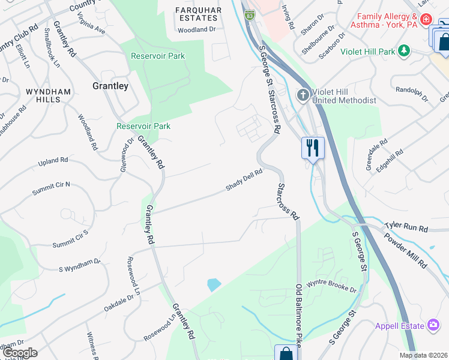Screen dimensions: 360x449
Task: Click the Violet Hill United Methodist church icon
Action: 303,95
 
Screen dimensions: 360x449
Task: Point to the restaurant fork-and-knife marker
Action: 312,148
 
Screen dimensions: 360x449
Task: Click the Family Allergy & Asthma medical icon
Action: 426,20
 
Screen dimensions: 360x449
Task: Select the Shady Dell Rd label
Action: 244,180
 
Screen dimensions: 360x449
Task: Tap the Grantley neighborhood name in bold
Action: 110,86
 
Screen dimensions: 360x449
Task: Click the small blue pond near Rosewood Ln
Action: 214,284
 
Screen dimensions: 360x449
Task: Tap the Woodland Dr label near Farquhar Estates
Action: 196,29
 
